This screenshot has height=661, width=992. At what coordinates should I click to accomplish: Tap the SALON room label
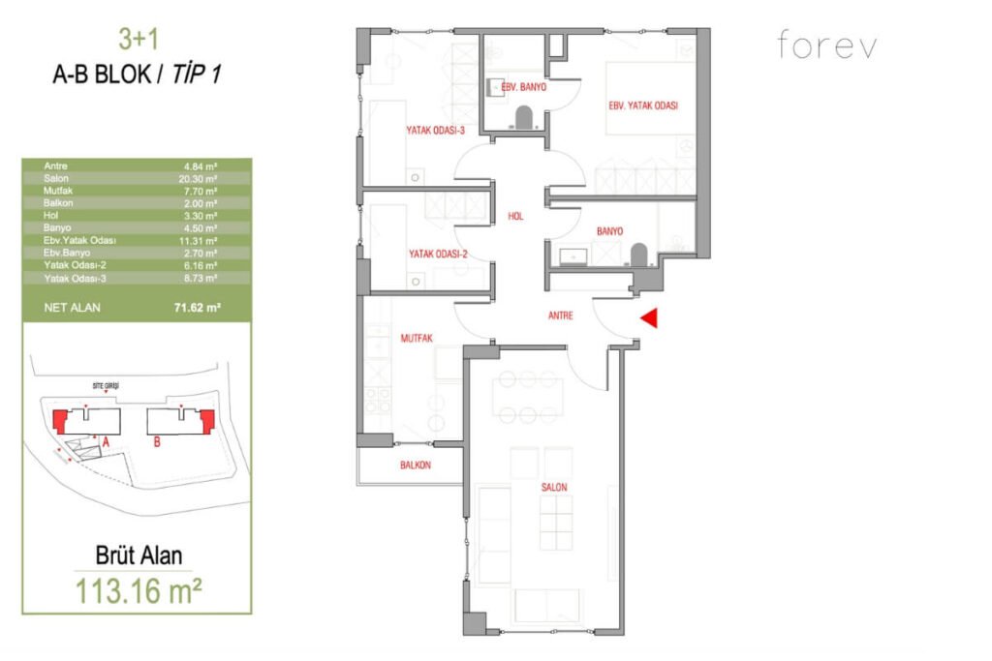coord(555,488)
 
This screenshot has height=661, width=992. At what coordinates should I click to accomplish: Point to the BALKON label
coord(415,466)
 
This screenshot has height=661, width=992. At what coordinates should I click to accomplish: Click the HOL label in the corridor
coord(515,217)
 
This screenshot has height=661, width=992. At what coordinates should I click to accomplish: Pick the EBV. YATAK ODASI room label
coord(643,105)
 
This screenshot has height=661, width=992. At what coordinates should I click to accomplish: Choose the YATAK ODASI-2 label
coord(438,254)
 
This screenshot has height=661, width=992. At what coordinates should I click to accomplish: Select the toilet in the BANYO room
coord(637,255)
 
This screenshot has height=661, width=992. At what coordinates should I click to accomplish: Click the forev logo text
coord(826,45)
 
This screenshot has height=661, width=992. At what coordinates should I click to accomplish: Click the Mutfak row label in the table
coord(57,192)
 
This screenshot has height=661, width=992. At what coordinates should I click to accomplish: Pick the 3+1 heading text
coord(137,40)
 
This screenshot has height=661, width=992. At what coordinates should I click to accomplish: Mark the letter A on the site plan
coord(106,440)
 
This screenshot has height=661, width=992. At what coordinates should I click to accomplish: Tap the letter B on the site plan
coord(157,444)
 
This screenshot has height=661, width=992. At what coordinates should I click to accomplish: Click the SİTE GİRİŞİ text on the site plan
coord(106,386)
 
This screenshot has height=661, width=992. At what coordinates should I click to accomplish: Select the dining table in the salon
coord(526,397)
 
